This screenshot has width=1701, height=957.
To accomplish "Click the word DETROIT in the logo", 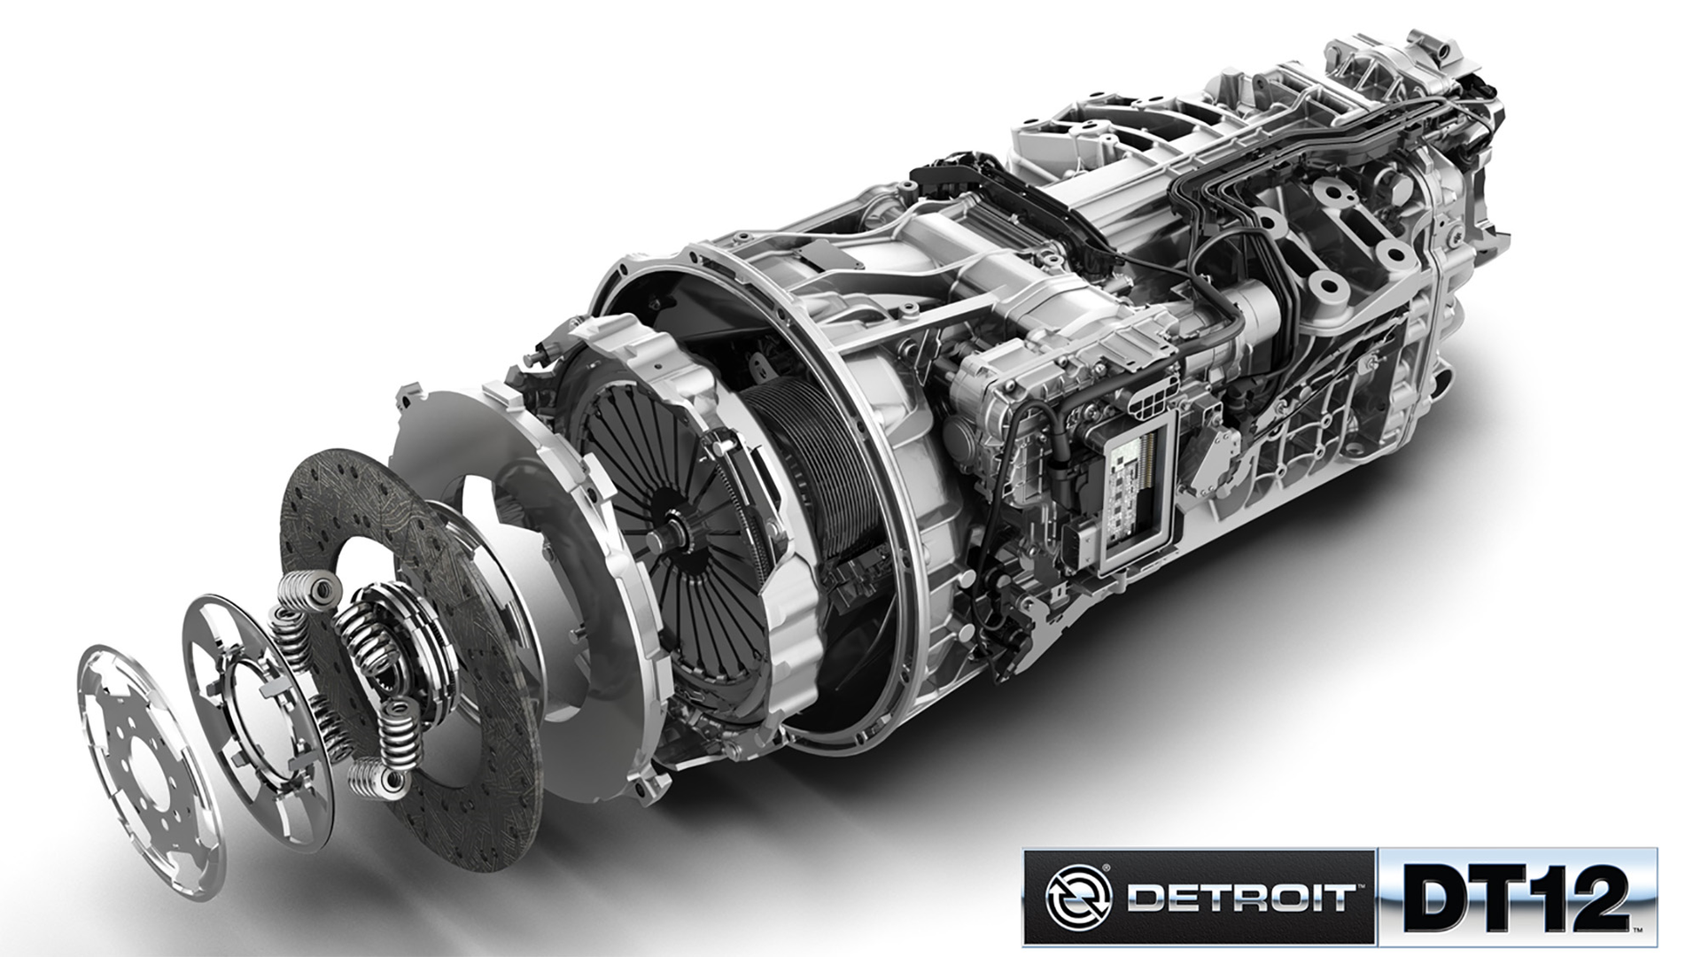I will (x=1240, y=897).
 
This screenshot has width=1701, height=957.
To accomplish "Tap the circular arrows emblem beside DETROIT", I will (x=1077, y=896).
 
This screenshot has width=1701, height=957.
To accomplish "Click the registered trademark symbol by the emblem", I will (x=1107, y=868).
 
